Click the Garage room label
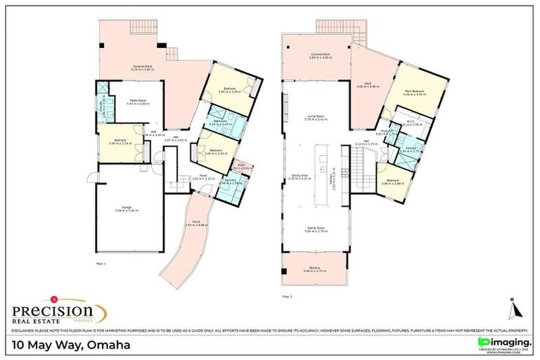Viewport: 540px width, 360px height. [127, 207]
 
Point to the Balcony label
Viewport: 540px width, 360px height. [314, 270]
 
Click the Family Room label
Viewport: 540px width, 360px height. [314, 229]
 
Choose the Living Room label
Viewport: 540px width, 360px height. [314, 118]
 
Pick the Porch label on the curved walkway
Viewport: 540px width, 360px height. [195, 224]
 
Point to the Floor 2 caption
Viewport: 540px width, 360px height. [286, 297]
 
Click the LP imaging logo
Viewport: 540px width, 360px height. [501, 342]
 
